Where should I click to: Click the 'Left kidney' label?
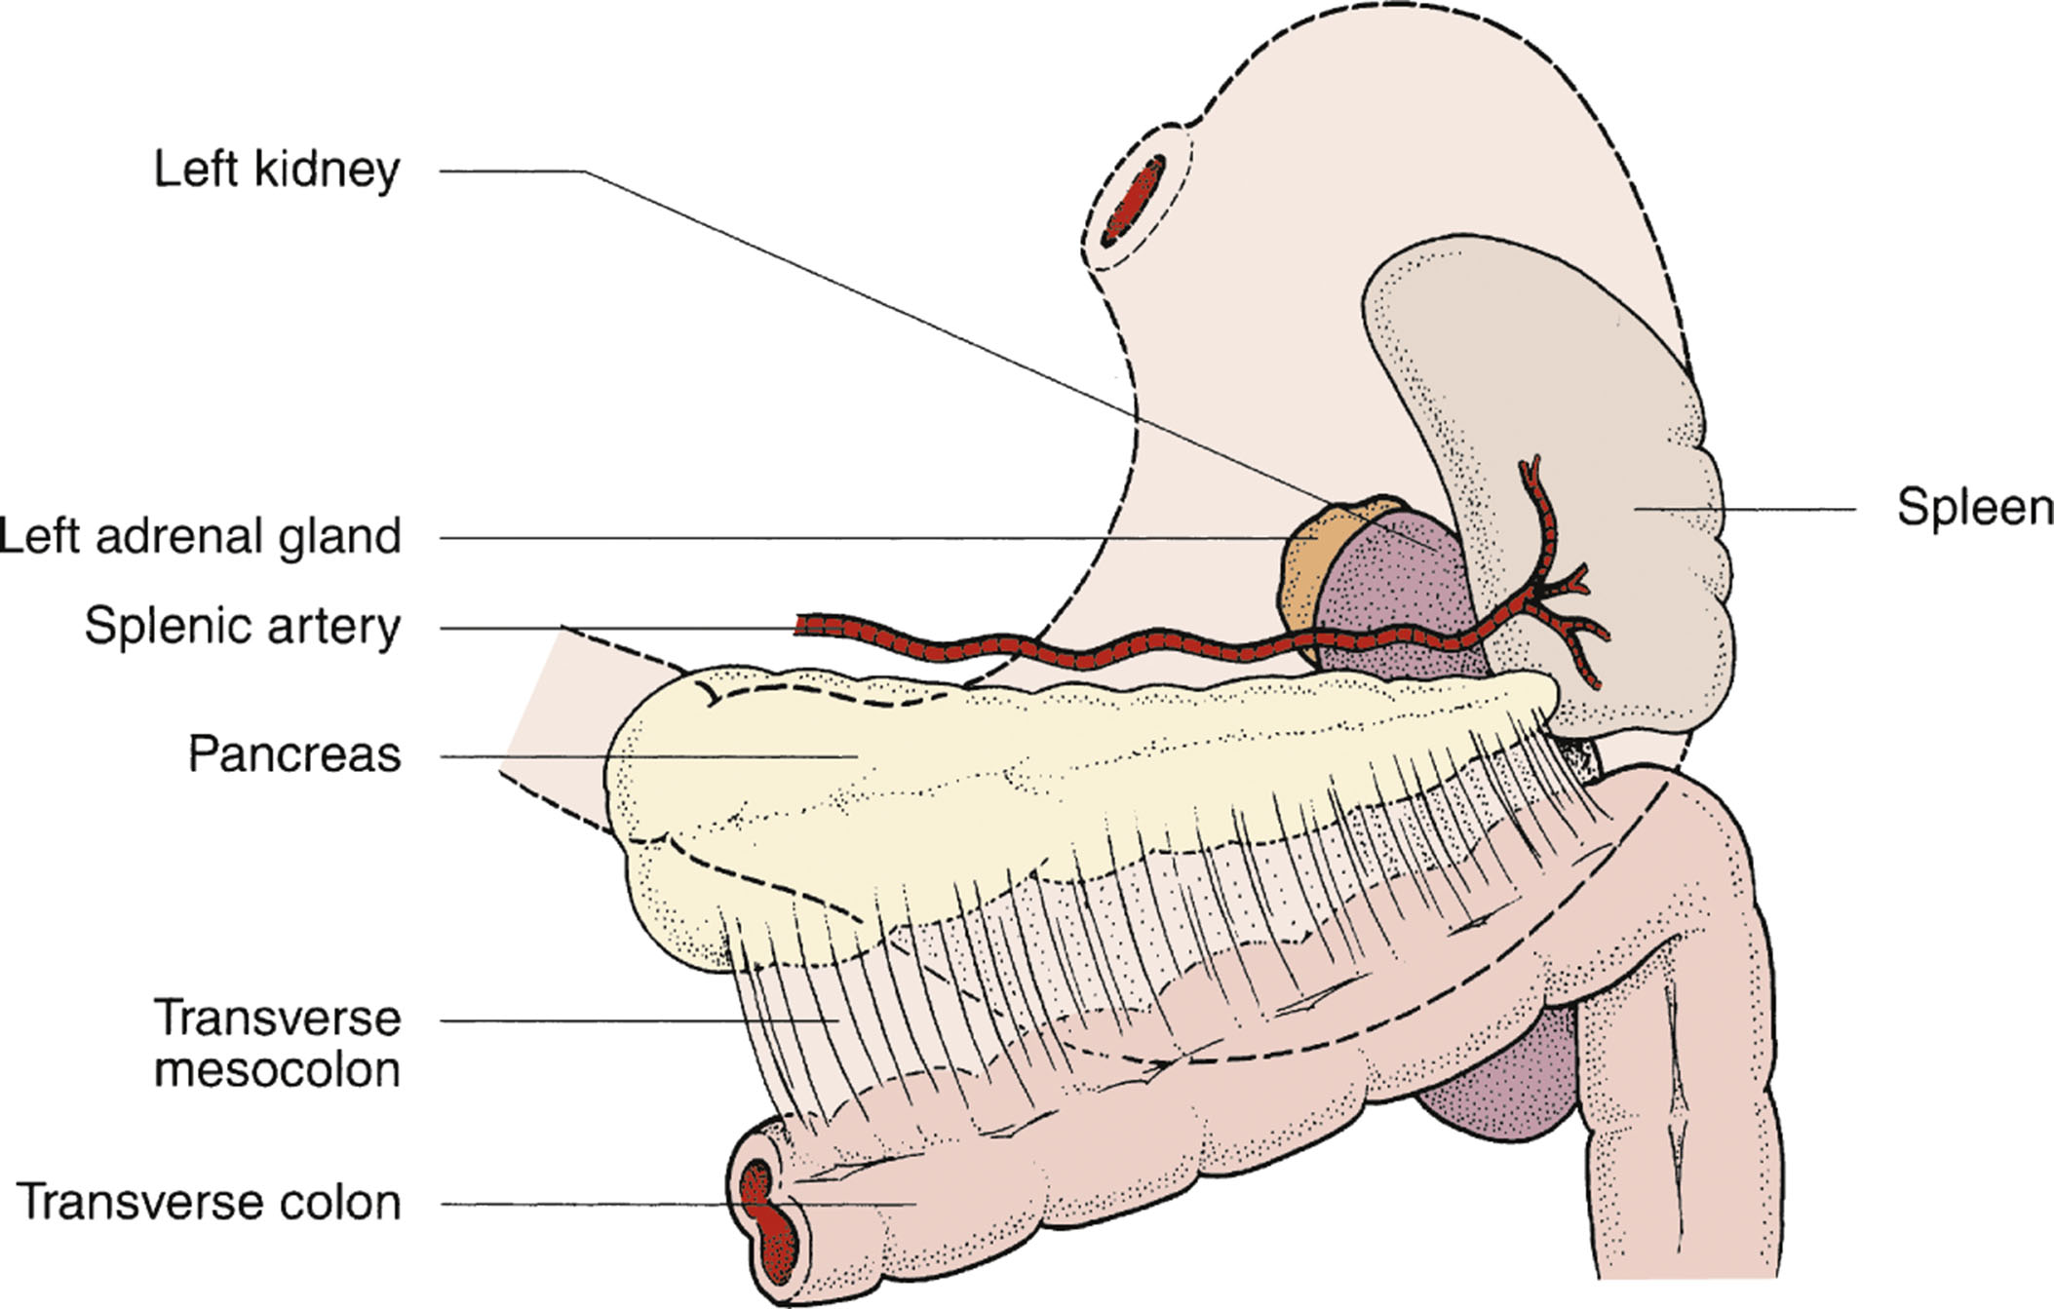pos(277,171)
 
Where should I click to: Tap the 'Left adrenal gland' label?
pos(201,537)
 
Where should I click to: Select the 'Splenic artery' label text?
pos(243,627)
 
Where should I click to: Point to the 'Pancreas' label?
pos(294,755)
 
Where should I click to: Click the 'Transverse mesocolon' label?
pos(278,1044)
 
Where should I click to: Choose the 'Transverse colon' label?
pos(210,1203)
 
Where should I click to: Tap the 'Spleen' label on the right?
pos(1973,508)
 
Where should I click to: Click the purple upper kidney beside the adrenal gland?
pos(1394,585)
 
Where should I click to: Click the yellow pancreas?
pos(877,809)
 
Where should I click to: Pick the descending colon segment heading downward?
pos(1677,1121)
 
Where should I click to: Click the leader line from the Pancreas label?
pos(643,756)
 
